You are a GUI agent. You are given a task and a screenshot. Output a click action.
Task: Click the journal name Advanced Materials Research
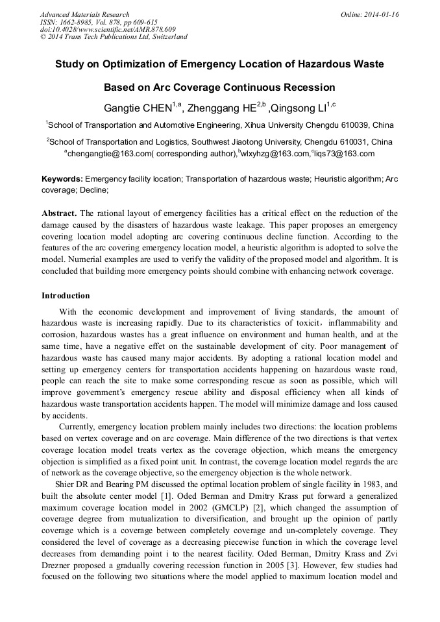(84, 14)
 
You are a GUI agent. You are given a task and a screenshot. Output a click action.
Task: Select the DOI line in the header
(108, 29)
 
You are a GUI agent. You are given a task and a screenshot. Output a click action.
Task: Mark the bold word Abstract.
(59, 213)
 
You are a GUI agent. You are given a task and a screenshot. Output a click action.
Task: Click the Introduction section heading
(66, 296)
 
